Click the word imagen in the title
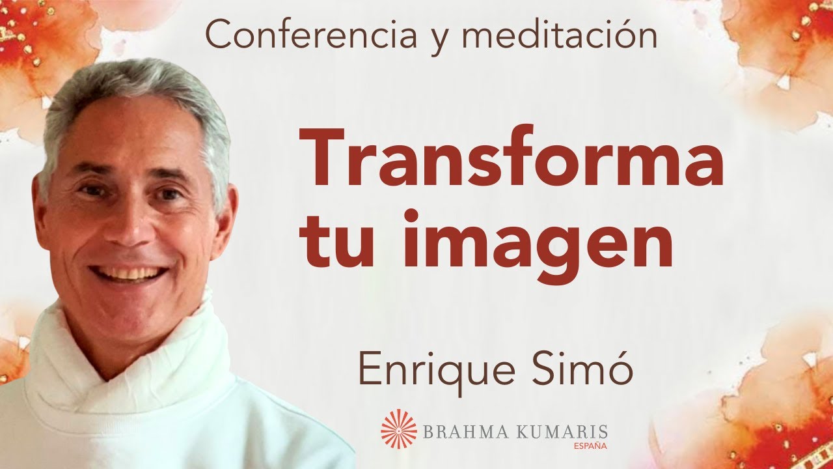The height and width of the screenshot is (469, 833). tap(538, 240)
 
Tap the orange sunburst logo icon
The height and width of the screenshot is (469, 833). tap(398, 429)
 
